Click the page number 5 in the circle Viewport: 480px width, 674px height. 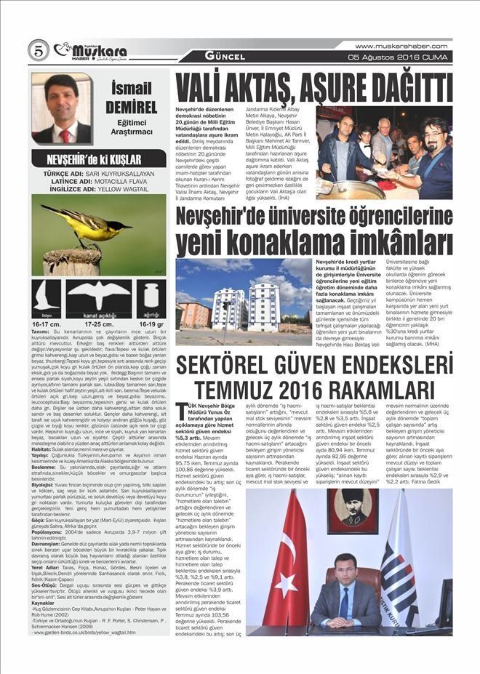coord(38,50)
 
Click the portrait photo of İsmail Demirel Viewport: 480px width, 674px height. coord(61,108)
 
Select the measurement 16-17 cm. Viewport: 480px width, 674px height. coord(45,324)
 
